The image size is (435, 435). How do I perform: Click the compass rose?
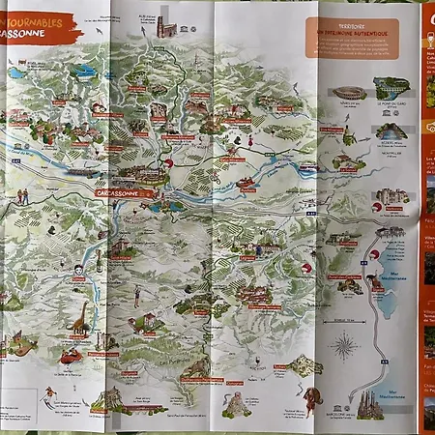343,345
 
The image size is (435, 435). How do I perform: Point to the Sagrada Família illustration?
369,404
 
